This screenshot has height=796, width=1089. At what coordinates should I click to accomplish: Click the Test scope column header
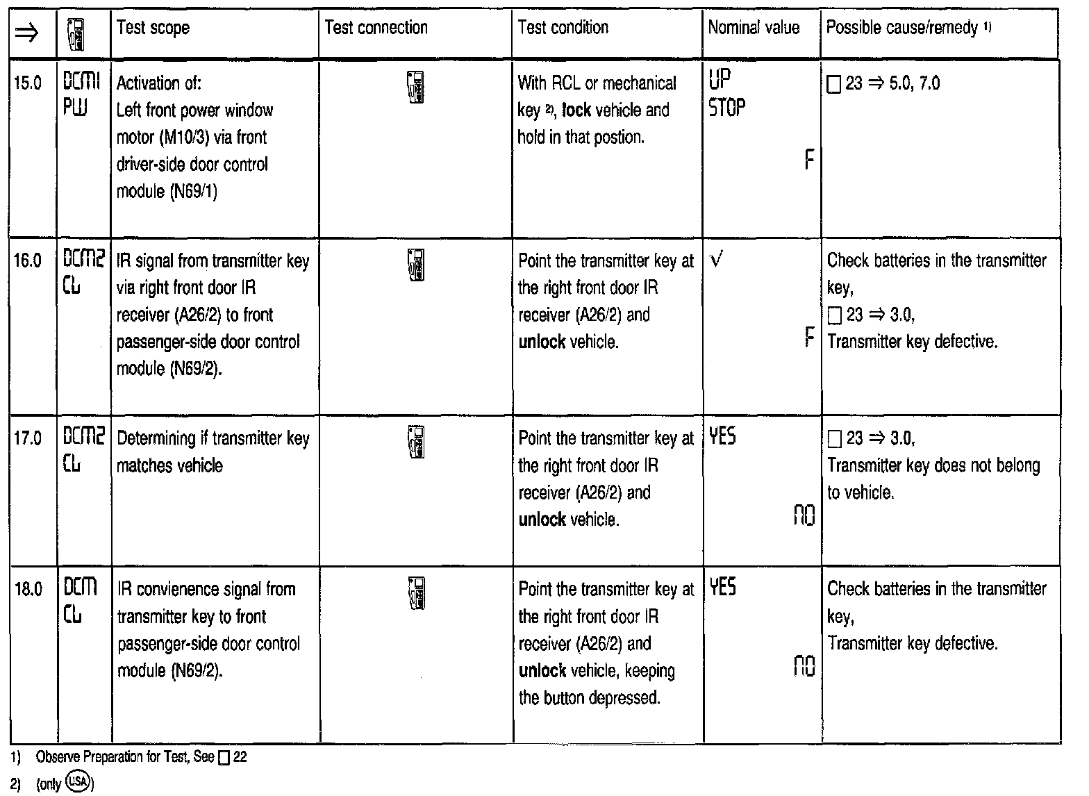coord(153,28)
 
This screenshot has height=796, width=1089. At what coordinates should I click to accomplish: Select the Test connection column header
coord(376,28)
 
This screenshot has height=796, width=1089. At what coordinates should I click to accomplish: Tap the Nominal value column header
coord(754,28)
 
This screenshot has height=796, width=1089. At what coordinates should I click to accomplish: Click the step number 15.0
coord(28,83)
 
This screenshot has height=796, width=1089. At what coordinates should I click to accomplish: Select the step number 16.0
coord(28,261)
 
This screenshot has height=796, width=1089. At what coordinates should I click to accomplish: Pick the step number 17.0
coord(28,438)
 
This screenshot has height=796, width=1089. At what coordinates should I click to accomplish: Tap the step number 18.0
coord(28,589)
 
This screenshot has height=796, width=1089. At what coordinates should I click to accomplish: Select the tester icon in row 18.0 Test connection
coord(416,592)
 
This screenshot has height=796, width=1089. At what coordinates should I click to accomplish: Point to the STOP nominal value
coord(727,108)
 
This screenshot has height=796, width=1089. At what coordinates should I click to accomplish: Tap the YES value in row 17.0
coord(722,437)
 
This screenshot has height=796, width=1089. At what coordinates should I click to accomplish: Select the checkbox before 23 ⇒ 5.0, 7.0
coord(834,85)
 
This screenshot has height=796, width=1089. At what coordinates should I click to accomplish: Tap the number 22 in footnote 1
coord(239,757)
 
